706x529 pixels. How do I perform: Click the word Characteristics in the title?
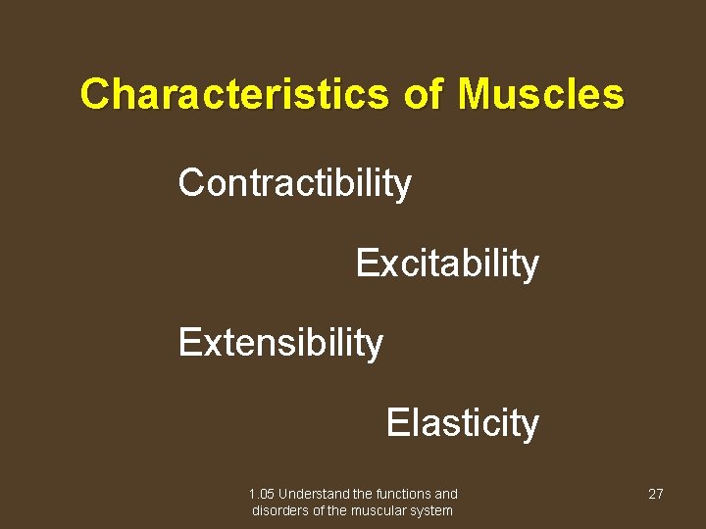click(x=235, y=95)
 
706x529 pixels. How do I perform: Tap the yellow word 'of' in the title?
click(x=424, y=95)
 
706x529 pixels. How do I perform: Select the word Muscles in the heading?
click(x=540, y=95)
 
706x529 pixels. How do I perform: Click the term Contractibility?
click(x=294, y=183)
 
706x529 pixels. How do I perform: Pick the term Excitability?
click(x=446, y=264)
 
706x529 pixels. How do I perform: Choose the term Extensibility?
click(x=280, y=344)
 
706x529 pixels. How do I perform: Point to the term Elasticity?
click(x=462, y=424)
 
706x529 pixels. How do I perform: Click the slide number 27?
click(x=656, y=495)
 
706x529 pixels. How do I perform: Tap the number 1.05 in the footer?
click(x=262, y=495)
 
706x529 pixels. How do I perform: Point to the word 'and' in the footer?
click(x=446, y=495)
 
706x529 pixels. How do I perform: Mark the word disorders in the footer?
click(x=280, y=510)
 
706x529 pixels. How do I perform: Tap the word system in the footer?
click(x=433, y=510)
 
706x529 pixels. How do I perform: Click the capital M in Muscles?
click(x=473, y=95)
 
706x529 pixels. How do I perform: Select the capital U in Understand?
click(x=282, y=495)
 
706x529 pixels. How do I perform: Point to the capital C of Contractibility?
click(x=190, y=183)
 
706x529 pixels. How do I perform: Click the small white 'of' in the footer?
click(x=320, y=510)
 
